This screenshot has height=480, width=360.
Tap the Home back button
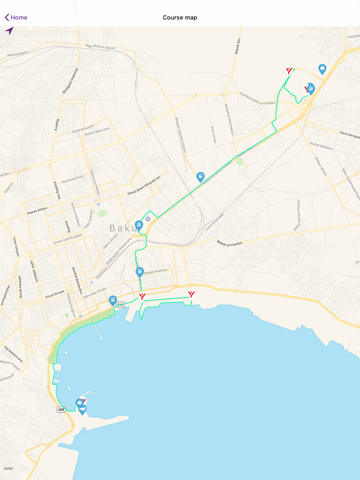pyautogui.click(x=16, y=17)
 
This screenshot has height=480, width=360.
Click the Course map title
pyautogui.click(x=180, y=17)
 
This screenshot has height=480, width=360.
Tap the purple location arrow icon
pyautogui.click(x=9, y=31)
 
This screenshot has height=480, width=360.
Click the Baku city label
pyautogui.click(x=124, y=228)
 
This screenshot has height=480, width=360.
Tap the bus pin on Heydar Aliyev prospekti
pyautogui.click(x=201, y=177)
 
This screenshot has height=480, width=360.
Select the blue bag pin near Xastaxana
pyautogui.click(x=322, y=69)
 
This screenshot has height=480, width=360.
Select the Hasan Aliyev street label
pyautogui.click(x=37, y=211)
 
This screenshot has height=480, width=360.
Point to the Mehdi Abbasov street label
pyautogui.click(x=321, y=144)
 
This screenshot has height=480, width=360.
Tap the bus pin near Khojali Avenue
pyautogui.click(x=140, y=271)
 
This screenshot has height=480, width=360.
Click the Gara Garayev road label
pyautogui.click(x=351, y=133)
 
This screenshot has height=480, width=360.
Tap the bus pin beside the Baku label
pyautogui.click(x=139, y=224)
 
